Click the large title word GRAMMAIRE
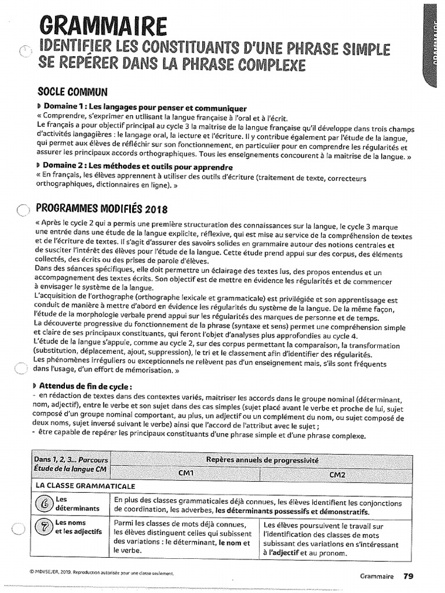coord(103,27)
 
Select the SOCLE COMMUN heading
coord(73,92)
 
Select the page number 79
coord(408,576)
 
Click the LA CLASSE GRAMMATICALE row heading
coord(78,485)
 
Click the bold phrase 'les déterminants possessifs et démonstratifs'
coord(293,512)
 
